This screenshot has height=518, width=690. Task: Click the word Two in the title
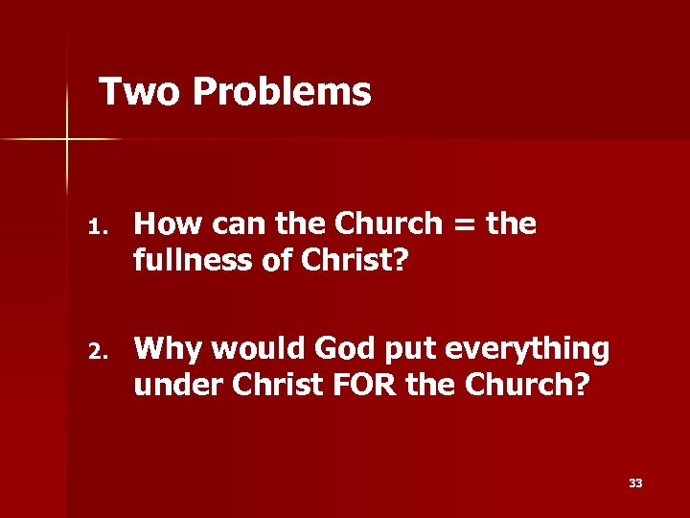[x=140, y=92]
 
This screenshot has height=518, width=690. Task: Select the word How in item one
[x=167, y=224]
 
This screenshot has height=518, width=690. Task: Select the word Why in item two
[x=167, y=349]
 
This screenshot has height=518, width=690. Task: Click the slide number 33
[x=635, y=483]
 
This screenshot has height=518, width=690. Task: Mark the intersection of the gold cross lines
[x=67, y=140]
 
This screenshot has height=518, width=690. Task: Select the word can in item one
[x=238, y=224]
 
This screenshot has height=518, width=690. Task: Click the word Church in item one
[x=381, y=224]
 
